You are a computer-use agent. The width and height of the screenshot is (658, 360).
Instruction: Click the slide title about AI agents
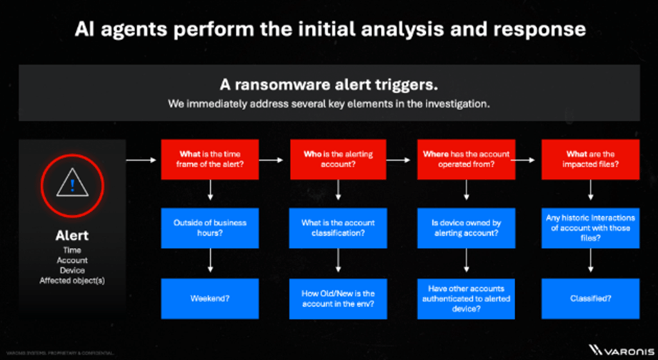(329, 29)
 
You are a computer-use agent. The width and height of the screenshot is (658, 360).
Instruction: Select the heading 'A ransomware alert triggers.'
(328, 85)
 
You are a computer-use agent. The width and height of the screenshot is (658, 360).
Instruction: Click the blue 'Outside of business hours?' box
(211, 228)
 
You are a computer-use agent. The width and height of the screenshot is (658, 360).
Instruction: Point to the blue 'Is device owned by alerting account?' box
(466, 228)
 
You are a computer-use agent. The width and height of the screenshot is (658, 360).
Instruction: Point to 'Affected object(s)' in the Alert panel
(71, 281)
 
